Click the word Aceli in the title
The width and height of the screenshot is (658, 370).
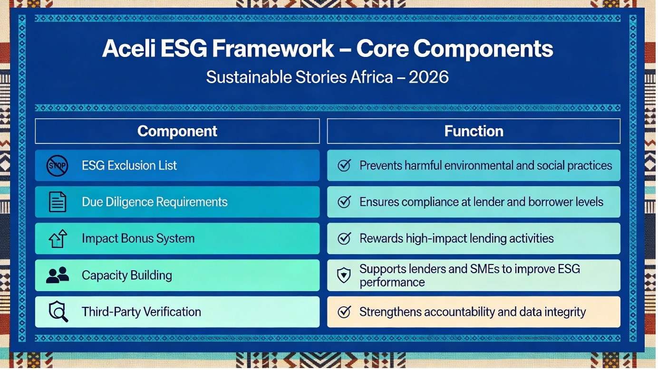(x=129, y=48)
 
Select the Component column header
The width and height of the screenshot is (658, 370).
(x=177, y=131)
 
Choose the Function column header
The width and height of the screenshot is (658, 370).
(x=474, y=131)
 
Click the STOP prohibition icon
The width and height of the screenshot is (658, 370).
(x=57, y=166)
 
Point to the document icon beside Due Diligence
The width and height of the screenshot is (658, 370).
(x=57, y=202)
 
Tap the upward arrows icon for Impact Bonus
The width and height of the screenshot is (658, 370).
(x=58, y=238)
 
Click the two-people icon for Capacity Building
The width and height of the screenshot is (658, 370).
(x=58, y=275)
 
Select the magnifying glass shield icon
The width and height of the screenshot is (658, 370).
(x=58, y=312)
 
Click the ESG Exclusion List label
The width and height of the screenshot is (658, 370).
(x=129, y=165)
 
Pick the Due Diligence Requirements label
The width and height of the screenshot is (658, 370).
(x=155, y=202)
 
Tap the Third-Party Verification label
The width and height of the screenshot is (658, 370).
(x=141, y=312)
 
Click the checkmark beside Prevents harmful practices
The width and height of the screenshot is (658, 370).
(x=344, y=165)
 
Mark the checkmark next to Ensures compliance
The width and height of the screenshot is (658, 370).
(x=344, y=202)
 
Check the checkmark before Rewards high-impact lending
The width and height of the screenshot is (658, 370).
(x=344, y=238)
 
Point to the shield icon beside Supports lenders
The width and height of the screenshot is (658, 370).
(x=344, y=275)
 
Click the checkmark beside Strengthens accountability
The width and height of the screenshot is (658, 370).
(x=344, y=312)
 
